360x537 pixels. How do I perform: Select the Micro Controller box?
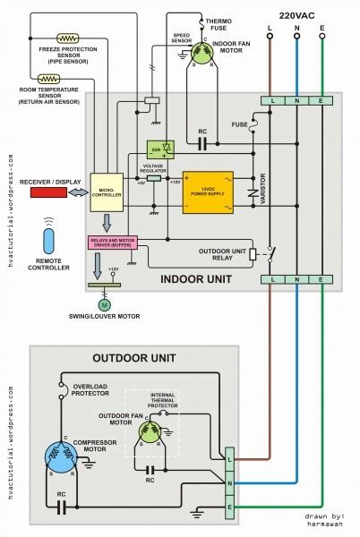(x=106, y=192)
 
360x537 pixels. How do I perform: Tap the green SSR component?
(x=154, y=149)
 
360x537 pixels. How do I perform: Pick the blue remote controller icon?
(x=49, y=243)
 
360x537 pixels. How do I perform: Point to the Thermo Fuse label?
(x=219, y=23)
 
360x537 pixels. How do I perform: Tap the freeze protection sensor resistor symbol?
(x=66, y=38)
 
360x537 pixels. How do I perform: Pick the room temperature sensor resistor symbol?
(x=67, y=79)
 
